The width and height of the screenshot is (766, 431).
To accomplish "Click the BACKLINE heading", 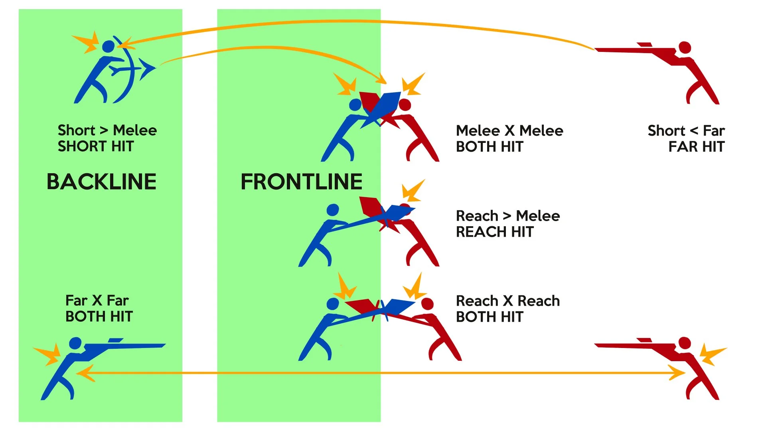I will tap(101, 182).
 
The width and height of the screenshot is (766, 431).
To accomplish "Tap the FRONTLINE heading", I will tap(302, 182).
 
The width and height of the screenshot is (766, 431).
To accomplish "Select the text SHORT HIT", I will tap(96, 146).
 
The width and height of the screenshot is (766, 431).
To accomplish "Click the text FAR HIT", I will tap(696, 147).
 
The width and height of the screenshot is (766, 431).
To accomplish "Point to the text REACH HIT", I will tap(495, 232).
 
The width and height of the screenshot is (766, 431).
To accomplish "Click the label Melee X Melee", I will tap(509, 130).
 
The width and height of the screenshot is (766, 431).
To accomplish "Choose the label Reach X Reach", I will tap(508, 301).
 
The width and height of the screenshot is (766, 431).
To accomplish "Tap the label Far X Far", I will tap(97, 300).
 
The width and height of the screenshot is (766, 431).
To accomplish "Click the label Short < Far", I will tap(686, 130).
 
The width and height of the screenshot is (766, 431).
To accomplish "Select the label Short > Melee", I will tap(107, 130).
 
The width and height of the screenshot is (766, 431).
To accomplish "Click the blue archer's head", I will tap(108, 46).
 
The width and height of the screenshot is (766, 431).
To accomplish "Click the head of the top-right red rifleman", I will tap(685, 47).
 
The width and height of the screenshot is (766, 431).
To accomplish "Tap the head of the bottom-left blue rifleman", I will tap(75, 343).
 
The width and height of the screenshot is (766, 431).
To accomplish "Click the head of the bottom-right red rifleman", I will tap(685, 343).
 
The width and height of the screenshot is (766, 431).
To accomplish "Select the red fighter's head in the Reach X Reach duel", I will tap(427, 304).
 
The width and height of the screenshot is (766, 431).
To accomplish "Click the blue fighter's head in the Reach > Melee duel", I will tap(333, 210).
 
